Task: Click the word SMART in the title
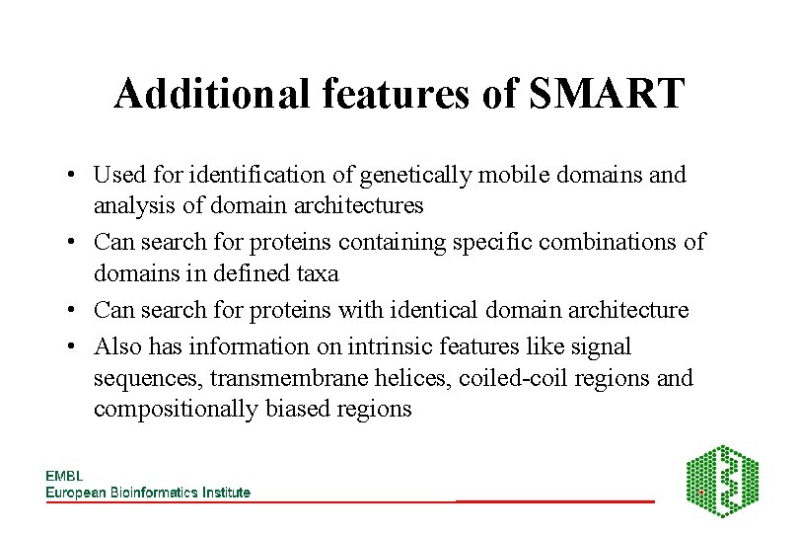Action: click(607, 95)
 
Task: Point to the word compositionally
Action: click(176, 409)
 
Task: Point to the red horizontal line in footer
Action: click(554, 501)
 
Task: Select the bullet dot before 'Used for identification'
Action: click(73, 177)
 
